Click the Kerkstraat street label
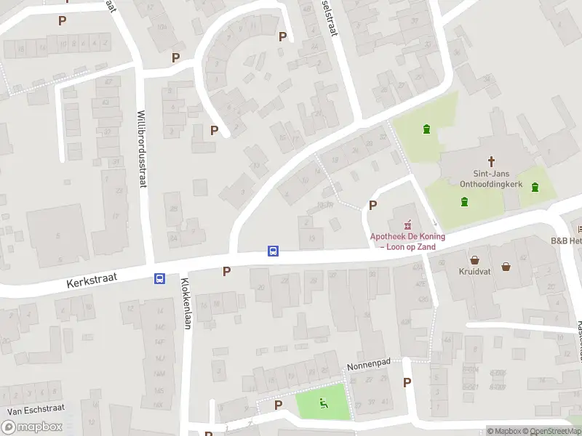(91, 280)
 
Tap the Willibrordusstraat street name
(142, 148)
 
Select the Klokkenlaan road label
(186, 304)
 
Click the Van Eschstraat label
(31, 411)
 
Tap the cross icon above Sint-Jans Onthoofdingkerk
(491, 161)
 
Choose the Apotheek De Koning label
(407, 241)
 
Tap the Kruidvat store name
(474, 272)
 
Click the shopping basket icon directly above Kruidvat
(475, 259)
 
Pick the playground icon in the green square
(323, 403)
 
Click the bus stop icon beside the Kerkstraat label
(159, 278)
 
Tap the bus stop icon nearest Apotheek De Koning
(274, 251)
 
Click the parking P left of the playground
(278, 405)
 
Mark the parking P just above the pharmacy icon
(372, 206)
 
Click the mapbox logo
(32, 427)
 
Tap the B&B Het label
(566, 241)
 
